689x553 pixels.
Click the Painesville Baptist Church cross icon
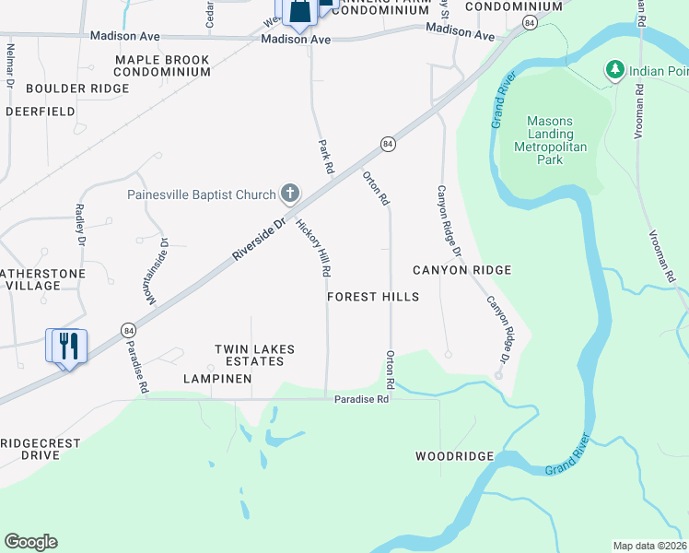[290, 194]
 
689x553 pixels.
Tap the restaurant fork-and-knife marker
[65, 346]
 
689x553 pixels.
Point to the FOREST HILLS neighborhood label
[373, 297]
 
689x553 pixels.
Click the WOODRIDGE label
[454, 457]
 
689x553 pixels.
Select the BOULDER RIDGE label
[77, 88]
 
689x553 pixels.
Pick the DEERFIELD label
[40, 112]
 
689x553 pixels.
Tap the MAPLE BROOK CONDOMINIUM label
[162, 65]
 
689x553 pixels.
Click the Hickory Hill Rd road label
[313, 248]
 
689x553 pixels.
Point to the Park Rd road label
[324, 157]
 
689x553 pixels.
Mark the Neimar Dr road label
[10, 65]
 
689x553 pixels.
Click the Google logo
[30, 542]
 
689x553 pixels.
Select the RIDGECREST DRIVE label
[41, 449]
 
